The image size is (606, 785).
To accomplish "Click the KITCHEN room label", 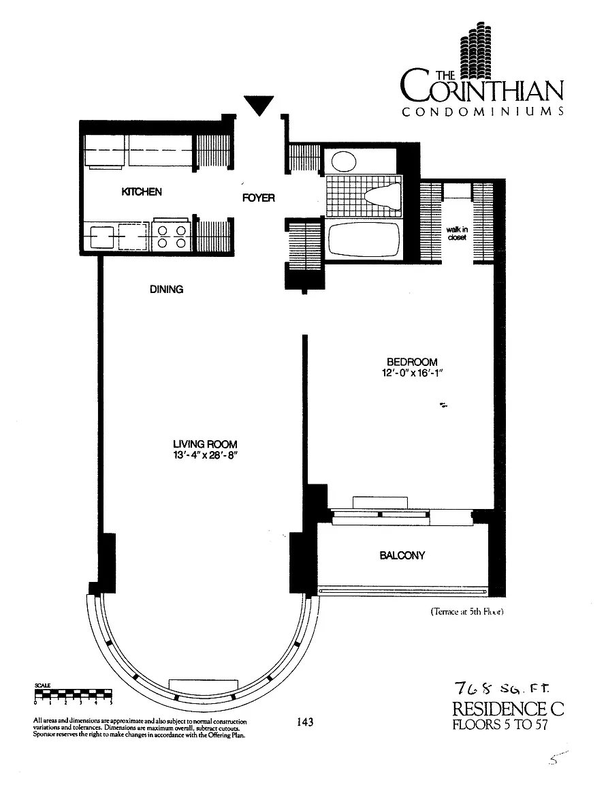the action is coord(142,191).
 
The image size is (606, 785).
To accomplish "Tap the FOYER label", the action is coord(259,198).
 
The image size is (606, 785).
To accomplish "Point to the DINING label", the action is coord(167,290).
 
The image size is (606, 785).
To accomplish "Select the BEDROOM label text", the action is coord(413,361).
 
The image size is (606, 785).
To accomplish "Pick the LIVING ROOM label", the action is coord(205,444).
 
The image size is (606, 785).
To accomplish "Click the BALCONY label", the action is coord(402,555).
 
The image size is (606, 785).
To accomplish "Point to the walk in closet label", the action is coord(457,233).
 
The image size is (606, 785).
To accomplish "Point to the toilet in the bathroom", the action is coord(383,196).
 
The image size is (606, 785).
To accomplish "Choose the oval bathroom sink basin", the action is coord(344,162).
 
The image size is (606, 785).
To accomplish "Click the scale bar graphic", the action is coord(73,694).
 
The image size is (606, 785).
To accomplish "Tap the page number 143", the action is coord(305,722).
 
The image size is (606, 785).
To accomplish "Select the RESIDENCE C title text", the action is coord(508,709).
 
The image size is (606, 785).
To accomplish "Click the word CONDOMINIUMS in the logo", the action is coord(483,112).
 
